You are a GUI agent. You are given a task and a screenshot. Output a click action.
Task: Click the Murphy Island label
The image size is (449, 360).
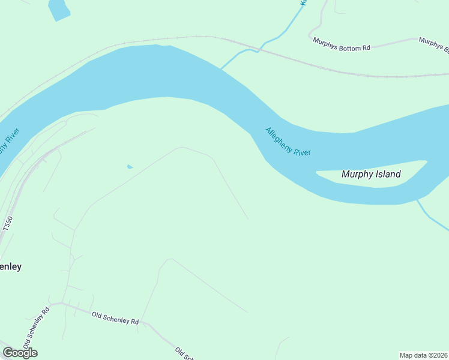(370, 175)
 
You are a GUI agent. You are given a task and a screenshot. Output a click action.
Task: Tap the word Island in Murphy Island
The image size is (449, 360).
(387, 175)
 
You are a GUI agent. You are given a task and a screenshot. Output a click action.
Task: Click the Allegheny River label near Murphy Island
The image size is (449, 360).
(288, 142)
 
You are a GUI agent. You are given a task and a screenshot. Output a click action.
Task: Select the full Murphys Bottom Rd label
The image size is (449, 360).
(342, 44)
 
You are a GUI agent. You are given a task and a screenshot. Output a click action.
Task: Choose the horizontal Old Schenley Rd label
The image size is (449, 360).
(115, 317)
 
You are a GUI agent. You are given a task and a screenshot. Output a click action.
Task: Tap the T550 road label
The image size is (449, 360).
(7, 226)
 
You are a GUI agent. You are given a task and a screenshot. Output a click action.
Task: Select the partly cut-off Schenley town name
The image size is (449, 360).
(10, 266)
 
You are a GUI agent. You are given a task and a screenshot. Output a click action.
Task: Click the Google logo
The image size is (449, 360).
(20, 352)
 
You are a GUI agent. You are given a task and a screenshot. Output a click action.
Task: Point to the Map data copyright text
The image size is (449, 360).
(423, 355)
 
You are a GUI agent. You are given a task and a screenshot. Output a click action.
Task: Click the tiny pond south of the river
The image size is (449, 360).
(130, 166)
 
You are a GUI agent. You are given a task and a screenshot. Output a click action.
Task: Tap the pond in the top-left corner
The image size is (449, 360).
(58, 8)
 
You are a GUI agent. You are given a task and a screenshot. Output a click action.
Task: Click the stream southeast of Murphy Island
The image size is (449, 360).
(434, 218)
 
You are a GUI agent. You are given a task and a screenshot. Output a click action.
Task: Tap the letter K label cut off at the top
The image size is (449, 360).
(304, 3)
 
